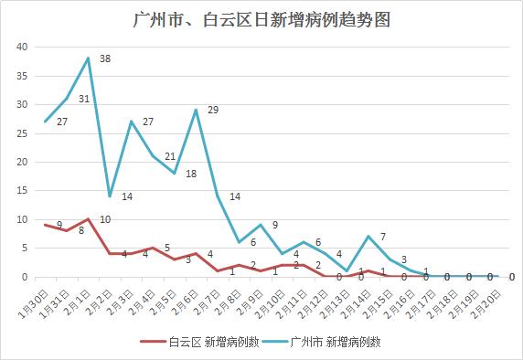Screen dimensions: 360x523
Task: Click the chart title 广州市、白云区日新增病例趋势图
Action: (261, 19)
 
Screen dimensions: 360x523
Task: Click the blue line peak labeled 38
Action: (89, 58)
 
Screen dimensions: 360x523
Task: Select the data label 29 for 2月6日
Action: (213, 111)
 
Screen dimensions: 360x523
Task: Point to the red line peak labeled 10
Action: (89, 219)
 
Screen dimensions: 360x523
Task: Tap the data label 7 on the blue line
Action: (382, 237)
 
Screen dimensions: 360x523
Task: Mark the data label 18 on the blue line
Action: (190, 174)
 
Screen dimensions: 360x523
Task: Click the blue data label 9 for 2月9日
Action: (274, 225)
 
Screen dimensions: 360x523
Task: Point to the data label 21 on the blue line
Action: (170, 156)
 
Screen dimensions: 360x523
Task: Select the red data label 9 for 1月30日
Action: (59, 225)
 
